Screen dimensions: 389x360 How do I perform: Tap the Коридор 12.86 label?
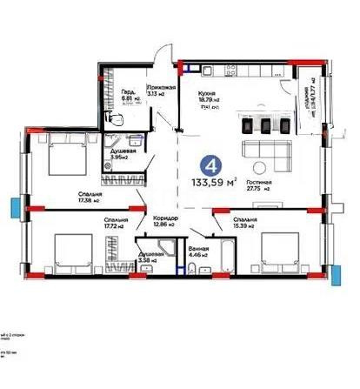point(164,221)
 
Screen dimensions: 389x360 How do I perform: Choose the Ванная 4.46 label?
point(198,252)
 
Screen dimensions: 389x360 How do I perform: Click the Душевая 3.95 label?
point(119,154)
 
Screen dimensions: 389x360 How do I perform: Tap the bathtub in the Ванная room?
point(225,257)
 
